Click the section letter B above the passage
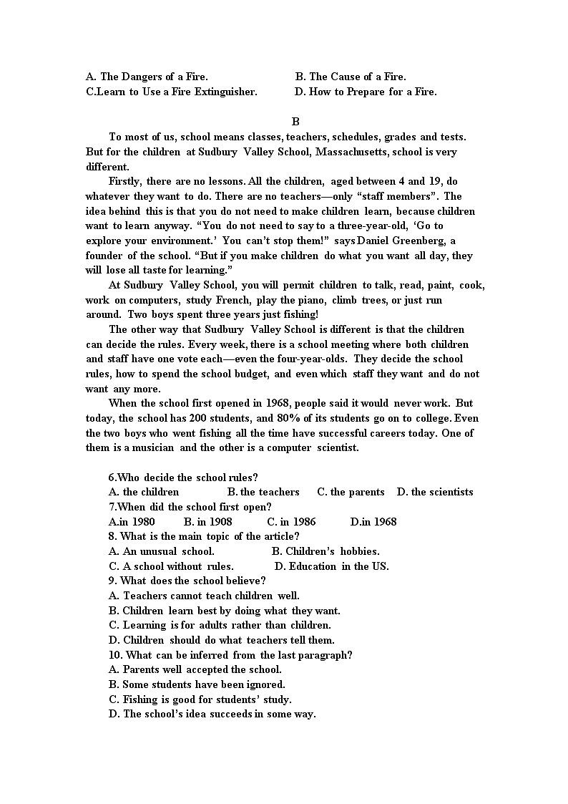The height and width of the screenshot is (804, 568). (295, 122)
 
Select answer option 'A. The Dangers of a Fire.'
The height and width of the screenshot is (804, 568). (147, 77)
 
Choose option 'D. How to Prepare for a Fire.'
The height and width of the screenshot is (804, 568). (366, 92)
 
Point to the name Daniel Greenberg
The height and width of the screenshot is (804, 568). (397, 241)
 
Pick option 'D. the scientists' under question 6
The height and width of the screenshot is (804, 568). (435, 492)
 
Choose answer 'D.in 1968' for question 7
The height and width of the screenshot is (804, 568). (373, 522)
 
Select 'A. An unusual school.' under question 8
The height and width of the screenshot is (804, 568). (161, 551)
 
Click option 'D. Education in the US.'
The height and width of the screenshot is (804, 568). (332, 566)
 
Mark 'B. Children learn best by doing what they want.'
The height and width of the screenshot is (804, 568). (224, 611)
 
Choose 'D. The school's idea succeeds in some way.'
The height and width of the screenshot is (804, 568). (212, 714)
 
